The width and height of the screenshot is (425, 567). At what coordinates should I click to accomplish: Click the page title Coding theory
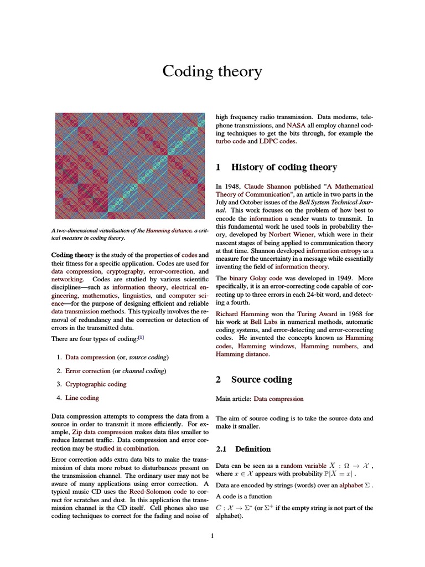(212, 71)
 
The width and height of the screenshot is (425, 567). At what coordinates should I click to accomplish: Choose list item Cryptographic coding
(96, 384)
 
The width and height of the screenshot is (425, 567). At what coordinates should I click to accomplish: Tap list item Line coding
(82, 398)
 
